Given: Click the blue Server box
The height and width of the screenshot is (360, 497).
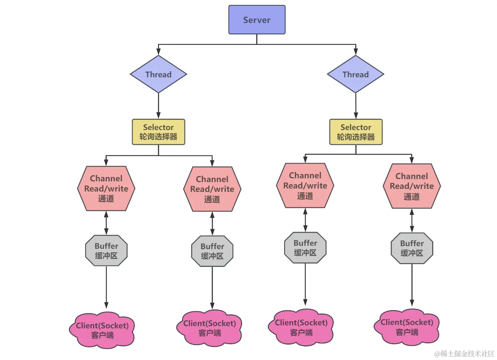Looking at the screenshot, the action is (257, 20).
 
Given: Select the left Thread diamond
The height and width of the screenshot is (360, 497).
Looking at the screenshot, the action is (158, 74).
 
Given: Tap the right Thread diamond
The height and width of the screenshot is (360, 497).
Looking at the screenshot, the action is (356, 74).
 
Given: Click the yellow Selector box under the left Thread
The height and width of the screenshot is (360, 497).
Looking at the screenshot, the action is (158, 132).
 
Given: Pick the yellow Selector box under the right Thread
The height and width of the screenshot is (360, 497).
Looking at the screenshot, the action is (356, 132).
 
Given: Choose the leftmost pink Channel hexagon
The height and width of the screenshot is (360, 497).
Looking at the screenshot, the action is (106, 188).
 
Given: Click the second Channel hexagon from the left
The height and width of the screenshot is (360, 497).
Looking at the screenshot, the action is (213, 189).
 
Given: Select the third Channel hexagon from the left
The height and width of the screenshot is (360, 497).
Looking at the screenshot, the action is (305, 185).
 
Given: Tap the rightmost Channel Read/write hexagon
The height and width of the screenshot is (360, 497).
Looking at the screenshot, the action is (412, 186).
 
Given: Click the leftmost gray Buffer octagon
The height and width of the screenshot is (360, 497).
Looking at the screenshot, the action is (106, 251).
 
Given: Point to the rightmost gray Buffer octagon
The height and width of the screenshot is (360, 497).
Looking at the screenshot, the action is (412, 248).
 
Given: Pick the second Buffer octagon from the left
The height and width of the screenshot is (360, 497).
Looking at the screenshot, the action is (213, 251).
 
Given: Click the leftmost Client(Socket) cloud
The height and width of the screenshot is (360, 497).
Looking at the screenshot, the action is (102, 330).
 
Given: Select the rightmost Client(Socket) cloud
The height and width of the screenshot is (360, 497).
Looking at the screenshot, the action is (407, 327).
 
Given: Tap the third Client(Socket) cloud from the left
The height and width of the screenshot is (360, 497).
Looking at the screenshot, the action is (301, 327).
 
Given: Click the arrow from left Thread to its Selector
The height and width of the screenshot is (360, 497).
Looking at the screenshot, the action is (158, 106).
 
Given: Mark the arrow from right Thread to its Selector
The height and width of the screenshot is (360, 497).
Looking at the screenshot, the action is (356, 106).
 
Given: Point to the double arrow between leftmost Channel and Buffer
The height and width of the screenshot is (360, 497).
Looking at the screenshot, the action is (106, 223).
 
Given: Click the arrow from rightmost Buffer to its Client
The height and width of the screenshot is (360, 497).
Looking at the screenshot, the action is (412, 285).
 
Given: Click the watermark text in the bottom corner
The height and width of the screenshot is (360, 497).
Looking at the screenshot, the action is (464, 354).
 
